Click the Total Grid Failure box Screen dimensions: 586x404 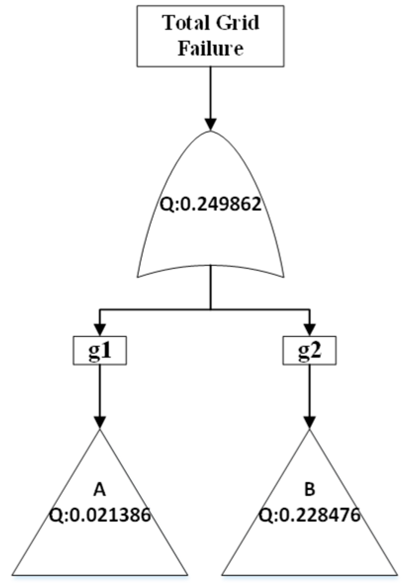coord(210,36)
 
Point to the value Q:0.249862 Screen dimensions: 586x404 coord(211,204)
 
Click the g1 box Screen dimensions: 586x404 coord(100,352)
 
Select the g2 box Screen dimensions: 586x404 coord(309,352)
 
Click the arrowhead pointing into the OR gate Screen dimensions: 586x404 coord(211,124)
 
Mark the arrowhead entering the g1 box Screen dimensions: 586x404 coord(100,329)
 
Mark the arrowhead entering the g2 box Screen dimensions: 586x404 coord(309,329)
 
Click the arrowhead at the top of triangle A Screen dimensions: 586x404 coord(100,423)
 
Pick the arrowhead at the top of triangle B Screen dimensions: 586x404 coord(309,423)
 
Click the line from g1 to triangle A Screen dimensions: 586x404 coord(100,390)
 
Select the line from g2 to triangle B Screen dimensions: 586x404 coord(309,390)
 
